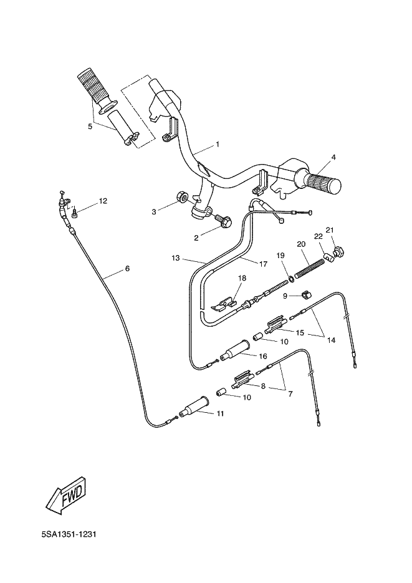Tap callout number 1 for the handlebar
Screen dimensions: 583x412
pyautogui.click(x=218, y=144)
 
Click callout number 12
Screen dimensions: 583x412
pyautogui.click(x=103, y=201)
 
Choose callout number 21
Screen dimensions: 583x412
pyautogui.click(x=330, y=229)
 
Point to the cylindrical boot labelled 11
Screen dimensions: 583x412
pyautogui.click(x=194, y=408)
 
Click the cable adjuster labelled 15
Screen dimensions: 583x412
pyautogui.click(x=274, y=325)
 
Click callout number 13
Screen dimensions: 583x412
pyautogui.click(x=176, y=258)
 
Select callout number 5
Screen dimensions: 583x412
pyautogui.click(x=90, y=126)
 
